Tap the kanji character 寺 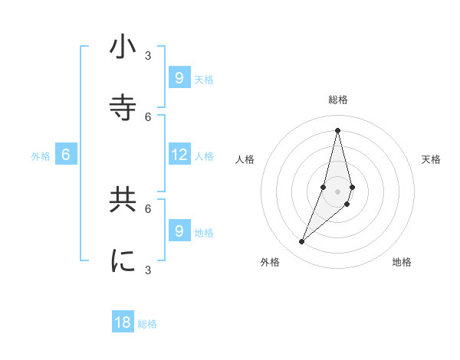(123, 107)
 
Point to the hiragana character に (123, 261)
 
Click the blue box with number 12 (179, 155)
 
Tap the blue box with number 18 (123, 322)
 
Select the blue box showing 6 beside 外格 (66, 155)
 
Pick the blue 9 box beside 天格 (179, 77)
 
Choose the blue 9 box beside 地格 (179, 231)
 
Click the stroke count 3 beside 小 (148, 55)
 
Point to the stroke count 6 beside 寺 (148, 116)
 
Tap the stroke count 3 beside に (148, 270)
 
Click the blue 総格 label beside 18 (147, 324)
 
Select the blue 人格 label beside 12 (204, 156)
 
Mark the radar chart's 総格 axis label (338, 100)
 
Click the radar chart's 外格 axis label (270, 262)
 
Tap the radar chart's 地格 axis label (402, 262)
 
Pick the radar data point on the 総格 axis (337, 129)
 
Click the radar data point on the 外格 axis (301, 241)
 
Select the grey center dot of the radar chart (337, 191)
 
